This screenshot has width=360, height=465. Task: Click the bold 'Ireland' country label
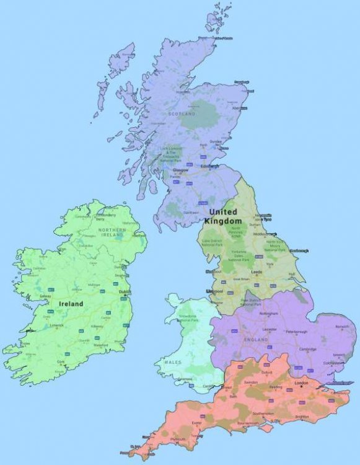(x=71, y=304)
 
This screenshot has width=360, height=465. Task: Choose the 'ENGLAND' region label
(x=256, y=340)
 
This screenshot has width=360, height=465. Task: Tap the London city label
(x=301, y=384)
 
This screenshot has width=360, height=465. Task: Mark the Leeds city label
(x=257, y=272)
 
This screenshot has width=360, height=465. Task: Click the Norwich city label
(x=343, y=326)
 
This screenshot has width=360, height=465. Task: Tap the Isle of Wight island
(x=267, y=427)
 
